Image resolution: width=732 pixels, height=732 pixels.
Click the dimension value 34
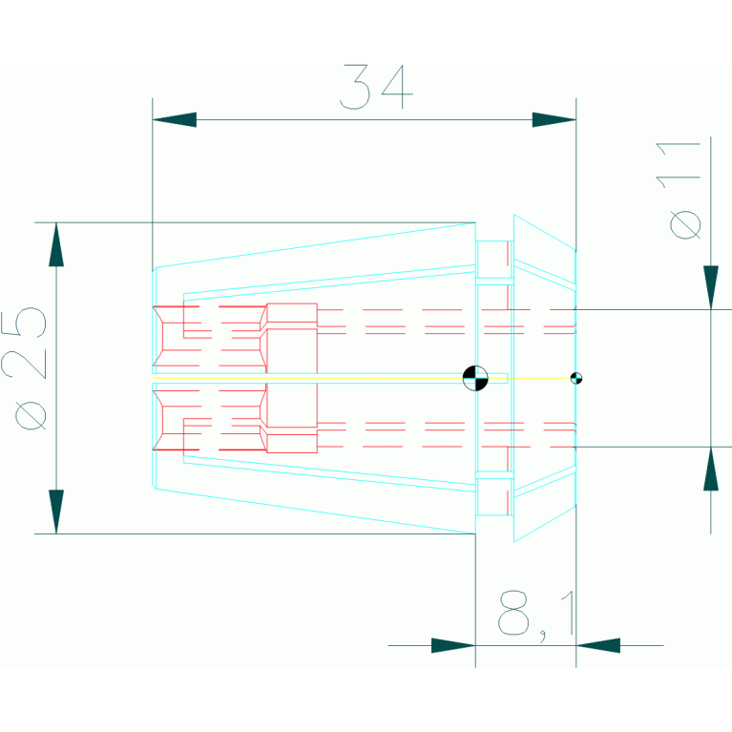[377, 87]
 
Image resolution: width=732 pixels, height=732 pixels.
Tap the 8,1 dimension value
[536, 613]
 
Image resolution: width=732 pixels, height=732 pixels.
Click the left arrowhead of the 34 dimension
[175, 119]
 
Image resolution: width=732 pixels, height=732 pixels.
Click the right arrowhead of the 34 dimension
[554, 119]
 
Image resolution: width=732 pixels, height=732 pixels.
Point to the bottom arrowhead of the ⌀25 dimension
[56, 512]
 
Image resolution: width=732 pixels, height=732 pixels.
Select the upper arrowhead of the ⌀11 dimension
[710, 287]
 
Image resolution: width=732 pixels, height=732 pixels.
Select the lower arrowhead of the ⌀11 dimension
[710, 469]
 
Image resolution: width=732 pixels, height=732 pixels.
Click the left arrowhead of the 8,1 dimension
[453, 645]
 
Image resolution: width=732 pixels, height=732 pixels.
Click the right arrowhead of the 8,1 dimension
[597, 645]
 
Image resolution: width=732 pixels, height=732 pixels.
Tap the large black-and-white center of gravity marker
[474, 378]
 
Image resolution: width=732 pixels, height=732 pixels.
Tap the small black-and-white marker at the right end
[575, 378]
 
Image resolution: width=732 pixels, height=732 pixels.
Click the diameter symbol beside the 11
[685, 225]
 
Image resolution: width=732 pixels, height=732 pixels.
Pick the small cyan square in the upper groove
[494, 259]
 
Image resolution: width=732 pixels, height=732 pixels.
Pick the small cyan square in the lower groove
[494, 496]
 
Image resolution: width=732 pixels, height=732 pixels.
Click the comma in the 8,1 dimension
[542, 635]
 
